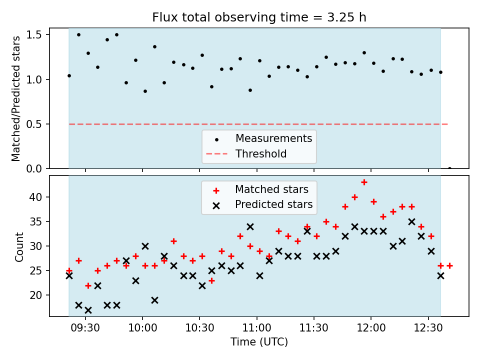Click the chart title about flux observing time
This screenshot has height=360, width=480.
tap(259, 17)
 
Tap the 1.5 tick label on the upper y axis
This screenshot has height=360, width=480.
tap(33, 35)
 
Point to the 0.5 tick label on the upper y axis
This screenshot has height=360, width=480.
tap(33, 124)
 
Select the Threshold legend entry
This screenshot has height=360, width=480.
tap(246, 153)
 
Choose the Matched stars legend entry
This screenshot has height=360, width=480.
tap(260, 189)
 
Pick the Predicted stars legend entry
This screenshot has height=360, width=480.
tap(262, 204)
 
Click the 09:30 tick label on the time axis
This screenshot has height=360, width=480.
tap(85, 328)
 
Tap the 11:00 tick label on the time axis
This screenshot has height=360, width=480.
tap(257, 328)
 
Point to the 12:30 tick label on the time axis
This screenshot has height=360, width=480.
tap(428, 328)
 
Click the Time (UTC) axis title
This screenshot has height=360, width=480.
tap(259, 342)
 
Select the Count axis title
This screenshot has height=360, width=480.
tap(19, 247)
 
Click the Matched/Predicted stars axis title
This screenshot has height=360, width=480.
tap(16, 98)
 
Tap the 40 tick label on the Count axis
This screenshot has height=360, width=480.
tap(35, 197)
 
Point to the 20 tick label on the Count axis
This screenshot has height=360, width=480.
tap(35, 295)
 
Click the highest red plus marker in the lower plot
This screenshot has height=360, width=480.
tap(364, 182)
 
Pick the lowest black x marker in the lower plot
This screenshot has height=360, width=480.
tap(88, 310)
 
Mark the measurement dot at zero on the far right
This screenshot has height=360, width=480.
tap(449, 168)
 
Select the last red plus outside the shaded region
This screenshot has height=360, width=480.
tap(449, 265)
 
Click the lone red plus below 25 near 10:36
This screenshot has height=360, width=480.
tap(211, 280)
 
